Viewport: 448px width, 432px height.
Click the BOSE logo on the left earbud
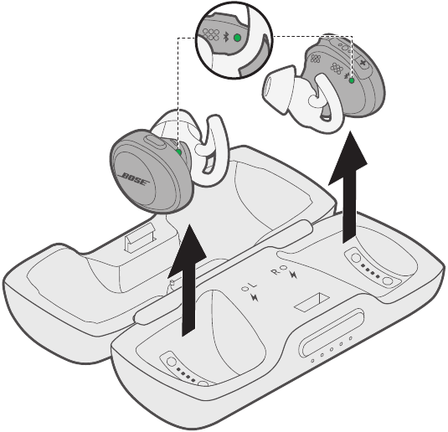pos(136,179)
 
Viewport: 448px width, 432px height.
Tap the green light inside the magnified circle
pos(237,38)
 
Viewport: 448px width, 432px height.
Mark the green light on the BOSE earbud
pos(181,152)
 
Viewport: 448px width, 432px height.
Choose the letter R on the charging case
pos(275,270)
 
